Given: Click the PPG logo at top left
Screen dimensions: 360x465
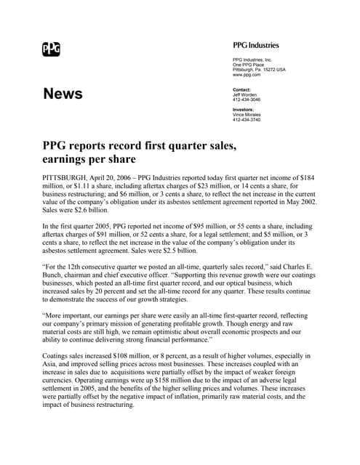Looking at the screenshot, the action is pyautogui.click(x=51, y=49).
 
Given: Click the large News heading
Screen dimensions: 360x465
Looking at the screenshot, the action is pyautogui.click(x=63, y=94).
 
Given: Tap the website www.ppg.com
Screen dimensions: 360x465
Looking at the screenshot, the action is pyautogui.click(x=246, y=75).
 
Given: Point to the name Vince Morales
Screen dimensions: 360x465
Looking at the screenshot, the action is pyautogui.click(x=247, y=115).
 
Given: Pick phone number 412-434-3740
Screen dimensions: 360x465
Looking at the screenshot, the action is pyautogui.click(x=247, y=120).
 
